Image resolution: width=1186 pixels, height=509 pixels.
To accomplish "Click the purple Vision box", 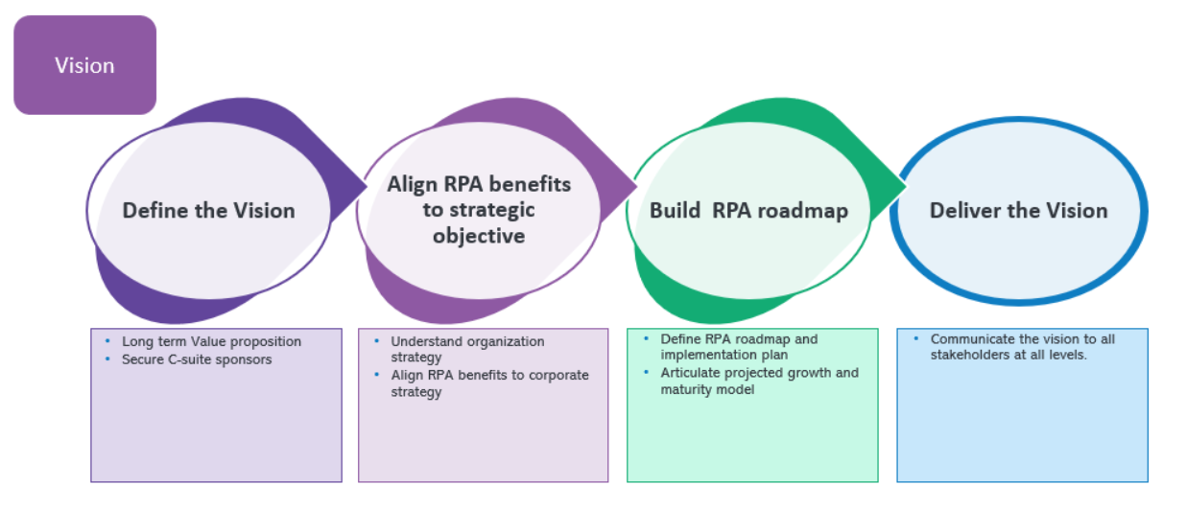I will [84, 65].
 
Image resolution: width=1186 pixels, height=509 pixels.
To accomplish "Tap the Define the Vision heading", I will [208, 210].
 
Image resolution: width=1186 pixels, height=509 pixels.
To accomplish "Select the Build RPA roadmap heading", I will [748, 211].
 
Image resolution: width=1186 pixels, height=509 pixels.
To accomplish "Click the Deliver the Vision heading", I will [1018, 210].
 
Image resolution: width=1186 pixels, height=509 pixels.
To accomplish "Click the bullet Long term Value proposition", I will [211, 341].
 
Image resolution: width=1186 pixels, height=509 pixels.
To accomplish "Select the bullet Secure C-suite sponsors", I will [197, 359].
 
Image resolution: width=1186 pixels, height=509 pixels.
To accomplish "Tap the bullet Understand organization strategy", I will [467, 349].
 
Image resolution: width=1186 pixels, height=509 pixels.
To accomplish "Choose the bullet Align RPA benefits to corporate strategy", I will [489, 382].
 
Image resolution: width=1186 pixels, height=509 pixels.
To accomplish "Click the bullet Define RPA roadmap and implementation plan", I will [739, 347].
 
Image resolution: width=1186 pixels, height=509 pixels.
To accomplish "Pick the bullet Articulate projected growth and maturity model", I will [759, 381].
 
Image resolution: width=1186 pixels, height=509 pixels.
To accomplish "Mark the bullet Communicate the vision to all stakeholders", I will [1023, 347].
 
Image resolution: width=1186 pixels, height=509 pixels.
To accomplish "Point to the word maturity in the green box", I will [686, 389].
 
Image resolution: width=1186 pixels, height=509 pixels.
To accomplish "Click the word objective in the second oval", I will [479, 235].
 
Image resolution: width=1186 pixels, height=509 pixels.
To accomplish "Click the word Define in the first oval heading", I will [154, 210].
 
